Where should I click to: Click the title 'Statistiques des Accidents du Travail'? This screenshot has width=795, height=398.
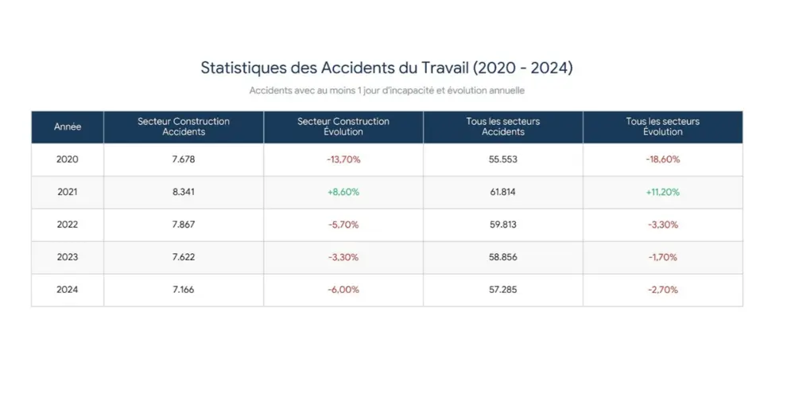coord(386,68)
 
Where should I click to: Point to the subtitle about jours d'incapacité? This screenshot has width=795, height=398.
coord(386,91)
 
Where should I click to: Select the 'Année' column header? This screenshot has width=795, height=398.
coord(68,127)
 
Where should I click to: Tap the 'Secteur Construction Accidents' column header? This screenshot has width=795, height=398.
coord(184,127)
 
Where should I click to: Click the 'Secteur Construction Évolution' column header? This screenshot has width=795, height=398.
coord(343,127)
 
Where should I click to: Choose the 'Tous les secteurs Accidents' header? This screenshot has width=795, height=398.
coord(503,127)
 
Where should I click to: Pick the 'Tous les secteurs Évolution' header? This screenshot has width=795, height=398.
coord(662,127)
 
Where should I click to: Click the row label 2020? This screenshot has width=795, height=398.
coord(68,159)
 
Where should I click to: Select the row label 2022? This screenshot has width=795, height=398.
coord(68,224)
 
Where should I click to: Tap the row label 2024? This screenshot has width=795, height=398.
coord(68,290)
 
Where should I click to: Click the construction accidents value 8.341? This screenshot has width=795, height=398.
coord(184,192)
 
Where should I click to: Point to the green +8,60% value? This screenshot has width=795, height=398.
coord(343,192)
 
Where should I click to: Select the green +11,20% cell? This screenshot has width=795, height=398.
coord(662,192)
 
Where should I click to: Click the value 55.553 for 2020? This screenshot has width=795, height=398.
coord(503,159)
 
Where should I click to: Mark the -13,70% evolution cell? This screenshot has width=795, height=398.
coord(343,159)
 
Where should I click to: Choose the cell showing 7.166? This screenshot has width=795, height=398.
coord(184,290)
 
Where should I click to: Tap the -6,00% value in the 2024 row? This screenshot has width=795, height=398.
coord(343,290)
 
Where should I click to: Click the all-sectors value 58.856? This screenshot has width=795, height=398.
coord(503,257)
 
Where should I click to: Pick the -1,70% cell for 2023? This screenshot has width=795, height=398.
coord(662,257)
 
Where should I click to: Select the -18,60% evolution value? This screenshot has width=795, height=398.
coord(662,159)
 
